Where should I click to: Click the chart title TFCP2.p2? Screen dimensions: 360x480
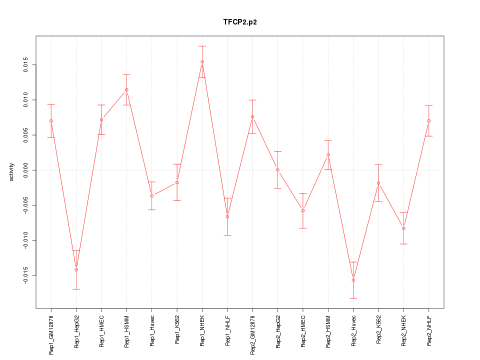coord(240,22)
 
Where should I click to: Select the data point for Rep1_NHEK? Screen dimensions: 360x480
coord(202,62)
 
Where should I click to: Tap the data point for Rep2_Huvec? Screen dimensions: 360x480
coord(353,280)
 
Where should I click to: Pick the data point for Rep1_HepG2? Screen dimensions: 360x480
coord(76,270)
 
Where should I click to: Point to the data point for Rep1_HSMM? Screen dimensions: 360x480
coord(126,90)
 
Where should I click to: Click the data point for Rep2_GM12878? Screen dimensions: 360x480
coord(252,116)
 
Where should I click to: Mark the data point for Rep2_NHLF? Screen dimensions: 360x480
coord(428,121)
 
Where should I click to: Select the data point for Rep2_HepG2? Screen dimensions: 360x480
coord(277,170)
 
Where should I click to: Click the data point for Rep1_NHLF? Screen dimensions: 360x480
coord(227,216)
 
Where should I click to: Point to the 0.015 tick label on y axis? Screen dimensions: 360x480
coord(27,65)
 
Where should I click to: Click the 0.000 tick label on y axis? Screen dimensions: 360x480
coord(27,170)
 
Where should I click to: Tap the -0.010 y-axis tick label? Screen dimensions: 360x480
coord(27,240)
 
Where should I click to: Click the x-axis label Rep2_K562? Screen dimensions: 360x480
coord(378,330)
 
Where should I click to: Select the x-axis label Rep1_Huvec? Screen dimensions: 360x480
coord(152,330)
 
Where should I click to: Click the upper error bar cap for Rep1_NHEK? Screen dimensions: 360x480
coord(202,46)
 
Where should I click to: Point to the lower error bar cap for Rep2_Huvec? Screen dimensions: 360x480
coord(353,298)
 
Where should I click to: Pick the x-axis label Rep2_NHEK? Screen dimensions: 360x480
coord(403,331)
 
